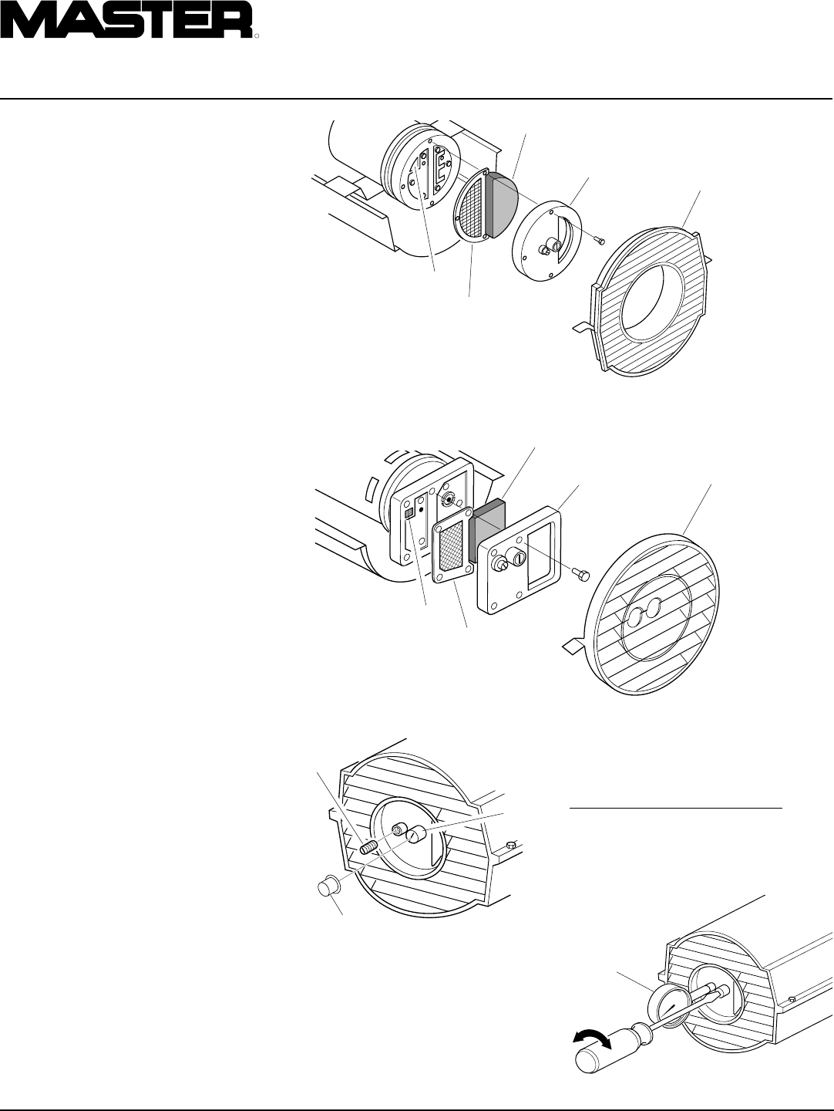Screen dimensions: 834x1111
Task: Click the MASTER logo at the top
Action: click(x=126, y=19)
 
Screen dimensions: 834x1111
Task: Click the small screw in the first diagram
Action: click(x=600, y=242)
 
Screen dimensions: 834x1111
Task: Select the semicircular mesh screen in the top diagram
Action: click(x=471, y=204)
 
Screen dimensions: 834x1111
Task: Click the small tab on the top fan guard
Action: click(x=580, y=326)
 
